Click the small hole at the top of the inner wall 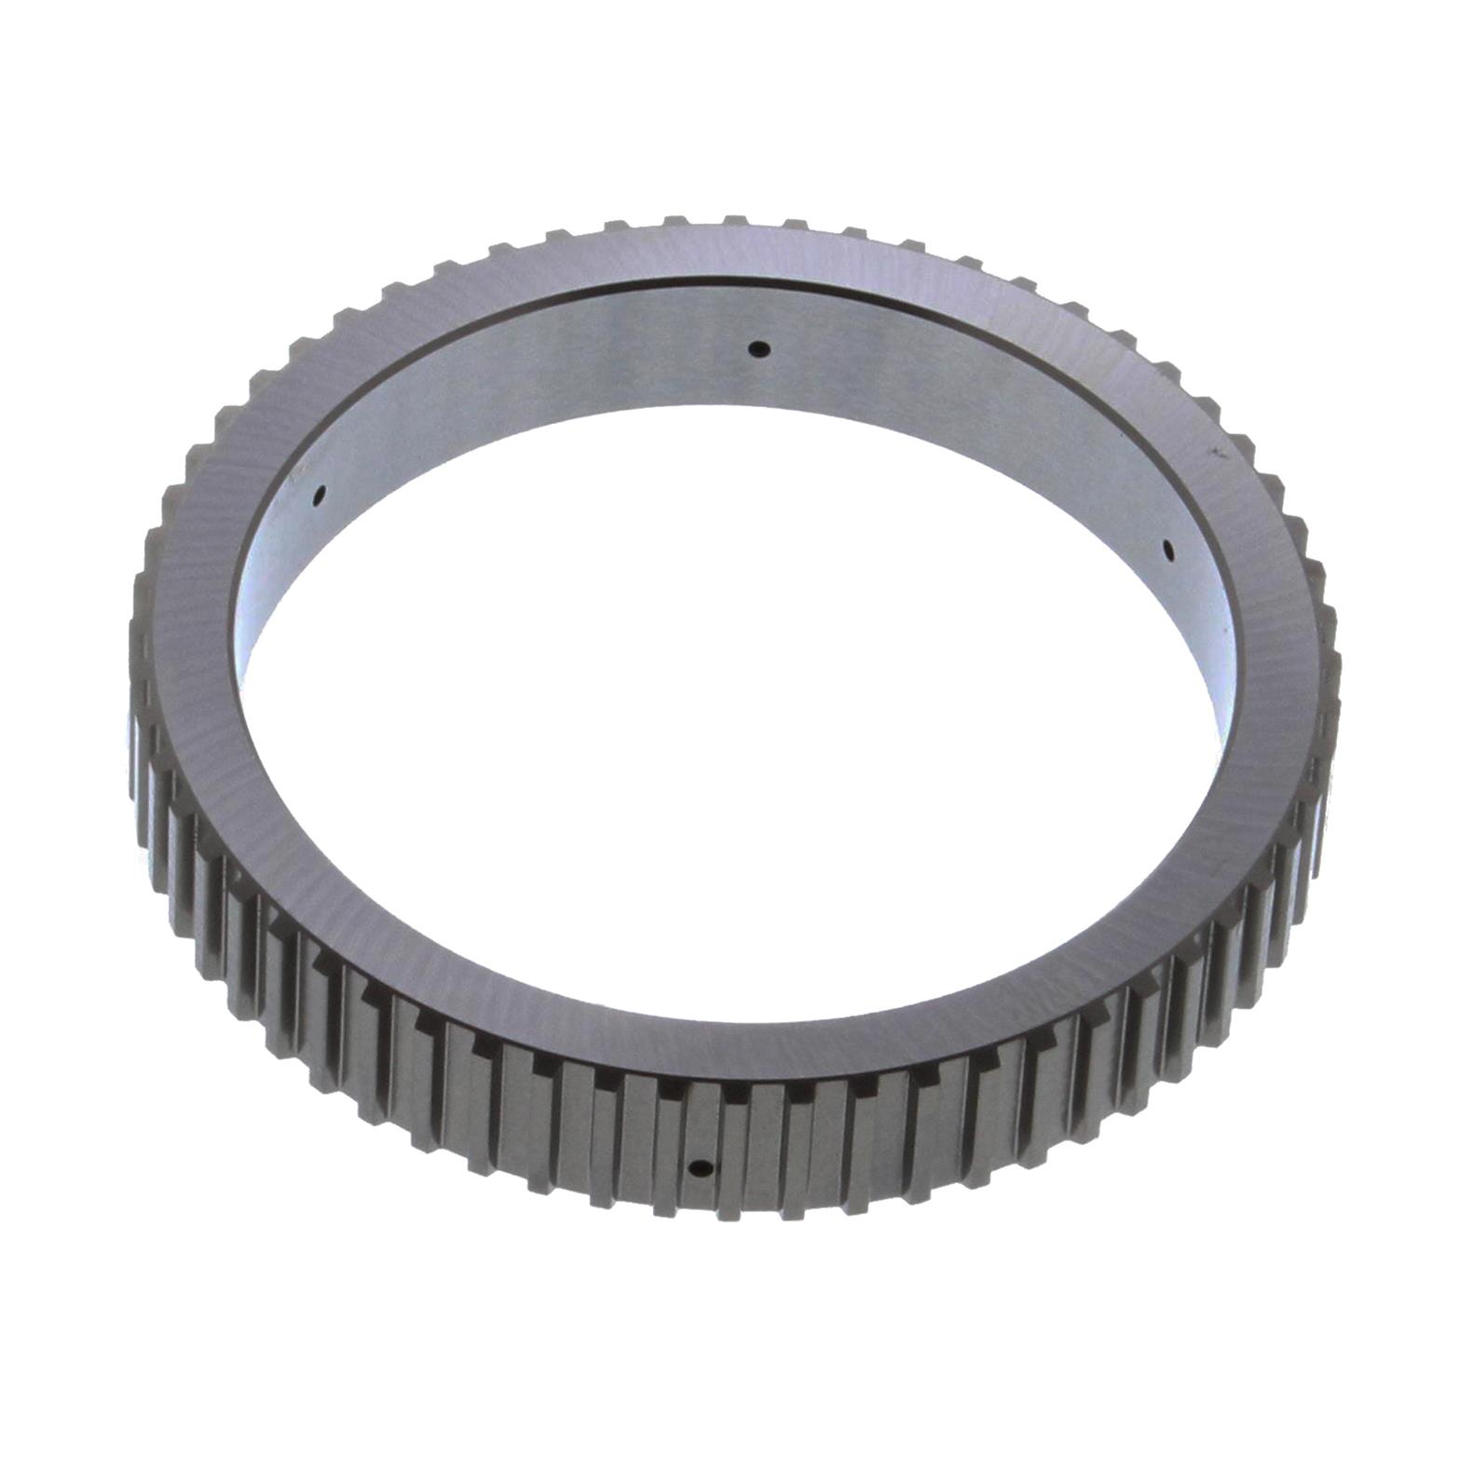[760, 349]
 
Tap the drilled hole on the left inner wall [319, 495]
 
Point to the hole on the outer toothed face [701, 1168]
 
